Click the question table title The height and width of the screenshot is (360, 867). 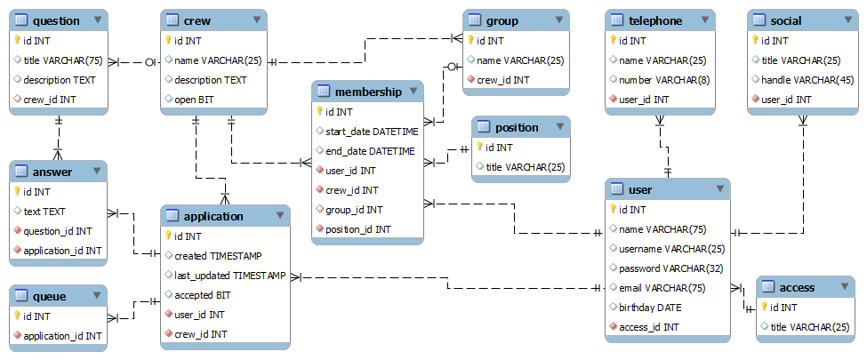click(x=55, y=20)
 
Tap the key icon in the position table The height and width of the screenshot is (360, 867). click(x=481, y=148)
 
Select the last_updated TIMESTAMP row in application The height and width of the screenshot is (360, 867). click(x=229, y=276)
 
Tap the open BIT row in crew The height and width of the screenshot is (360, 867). click(x=194, y=100)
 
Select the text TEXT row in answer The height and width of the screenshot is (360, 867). click(x=44, y=212)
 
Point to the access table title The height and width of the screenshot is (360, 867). click(x=796, y=287)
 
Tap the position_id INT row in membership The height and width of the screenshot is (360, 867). click(x=357, y=229)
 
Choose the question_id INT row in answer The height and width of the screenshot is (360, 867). click(x=58, y=231)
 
